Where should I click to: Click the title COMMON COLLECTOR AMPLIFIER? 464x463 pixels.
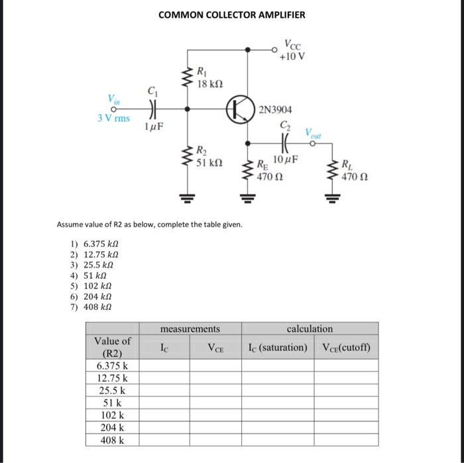(x=232, y=15)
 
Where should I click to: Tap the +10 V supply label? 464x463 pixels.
(x=293, y=55)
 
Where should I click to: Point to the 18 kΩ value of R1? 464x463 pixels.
(x=210, y=84)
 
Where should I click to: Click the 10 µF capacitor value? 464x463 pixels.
(x=286, y=160)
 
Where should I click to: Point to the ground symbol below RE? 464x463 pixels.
(x=249, y=197)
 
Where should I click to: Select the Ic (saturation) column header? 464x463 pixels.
(x=278, y=348)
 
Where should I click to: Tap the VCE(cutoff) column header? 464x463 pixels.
(x=346, y=348)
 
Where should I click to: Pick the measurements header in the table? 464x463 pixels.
(x=190, y=329)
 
